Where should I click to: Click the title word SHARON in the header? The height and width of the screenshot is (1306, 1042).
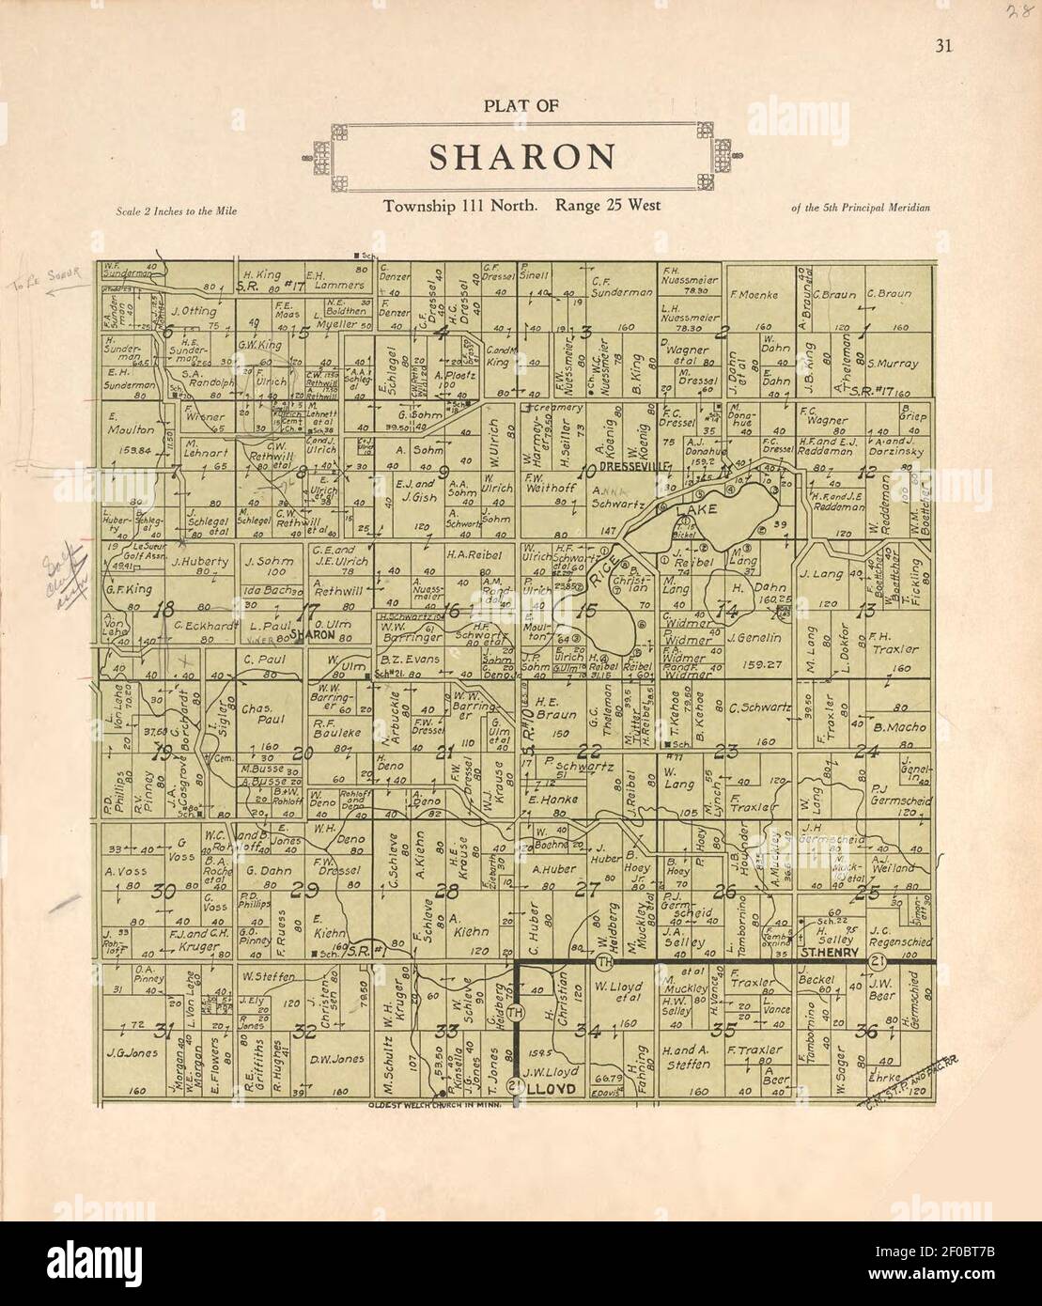522,157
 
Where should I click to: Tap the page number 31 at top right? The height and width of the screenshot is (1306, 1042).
942,48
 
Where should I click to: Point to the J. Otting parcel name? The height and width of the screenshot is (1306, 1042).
195,310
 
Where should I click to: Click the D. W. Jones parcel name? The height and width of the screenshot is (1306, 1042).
336,1058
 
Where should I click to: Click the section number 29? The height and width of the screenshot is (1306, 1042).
303,891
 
